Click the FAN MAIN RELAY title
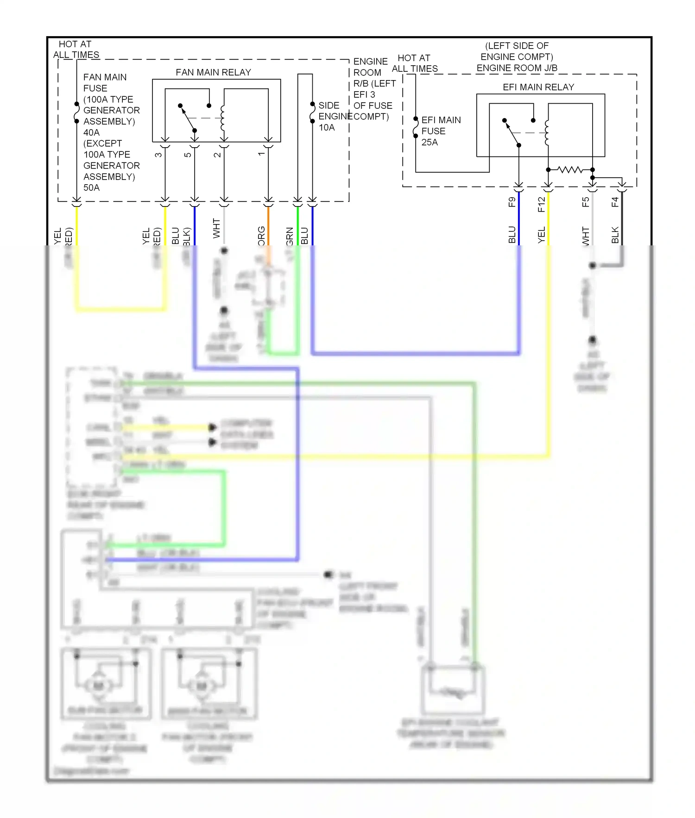pyautogui.click(x=213, y=72)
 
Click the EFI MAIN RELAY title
pyautogui.click(x=538, y=87)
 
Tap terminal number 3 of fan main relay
pyautogui.click(x=158, y=155)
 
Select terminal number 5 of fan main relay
pyautogui.click(x=188, y=155)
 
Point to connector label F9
pyautogui.click(x=512, y=202)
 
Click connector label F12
pyautogui.click(x=541, y=204)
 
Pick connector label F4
pyautogui.click(x=615, y=202)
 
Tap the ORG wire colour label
pyautogui.click(x=261, y=235)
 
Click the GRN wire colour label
pyautogui.click(x=290, y=236)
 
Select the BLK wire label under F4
pyautogui.click(x=615, y=235)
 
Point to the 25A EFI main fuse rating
pyautogui.click(x=430, y=142)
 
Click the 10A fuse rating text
pyautogui.click(x=327, y=127)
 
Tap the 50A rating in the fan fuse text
pyautogui.click(x=91, y=187)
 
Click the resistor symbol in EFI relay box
pyautogui.click(x=570, y=169)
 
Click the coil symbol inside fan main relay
pyautogui.click(x=223, y=118)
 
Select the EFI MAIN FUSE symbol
pyautogui.click(x=416, y=127)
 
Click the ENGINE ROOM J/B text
pyautogui.click(x=517, y=68)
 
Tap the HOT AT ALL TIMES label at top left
pyautogui.click(x=76, y=49)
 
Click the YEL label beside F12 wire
pyautogui.click(x=541, y=235)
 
